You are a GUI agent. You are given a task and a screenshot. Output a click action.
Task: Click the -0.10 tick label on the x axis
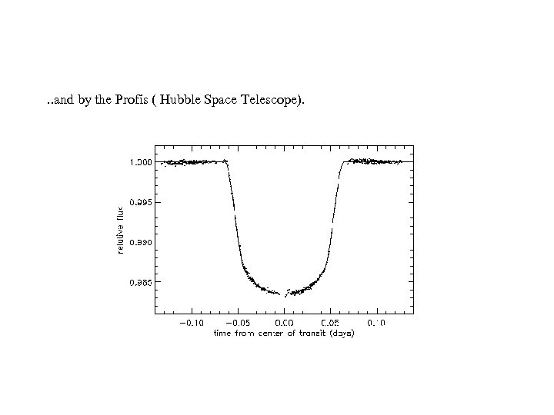click(192, 323)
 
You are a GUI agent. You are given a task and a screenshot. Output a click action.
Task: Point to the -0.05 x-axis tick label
click(239, 323)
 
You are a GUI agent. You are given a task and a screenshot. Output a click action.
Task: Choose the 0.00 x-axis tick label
click(285, 323)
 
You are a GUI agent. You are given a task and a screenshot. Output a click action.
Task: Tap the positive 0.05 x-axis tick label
click(331, 323)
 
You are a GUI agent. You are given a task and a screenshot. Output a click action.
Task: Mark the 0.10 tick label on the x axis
click(377, 323)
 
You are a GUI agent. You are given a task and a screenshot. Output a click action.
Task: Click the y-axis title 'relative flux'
click(119, 231)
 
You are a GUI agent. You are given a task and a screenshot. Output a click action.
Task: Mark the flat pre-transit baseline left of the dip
click(192, 161)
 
